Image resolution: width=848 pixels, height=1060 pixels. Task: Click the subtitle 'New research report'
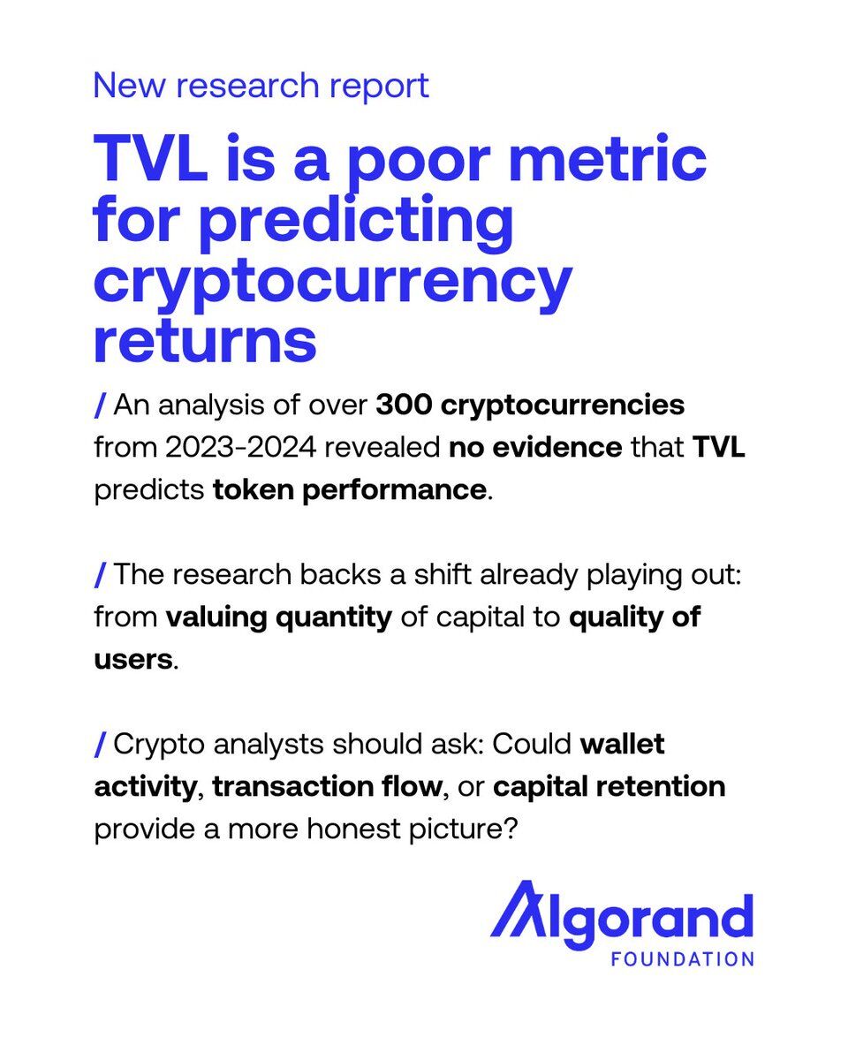(261, 87)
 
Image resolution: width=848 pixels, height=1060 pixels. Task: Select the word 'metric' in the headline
(607, 158)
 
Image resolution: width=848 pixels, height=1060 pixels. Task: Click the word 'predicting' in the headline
(356, 221)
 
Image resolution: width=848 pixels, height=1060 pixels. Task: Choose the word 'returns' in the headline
(205, 340)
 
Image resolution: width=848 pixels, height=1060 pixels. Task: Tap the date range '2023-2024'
(240, 447)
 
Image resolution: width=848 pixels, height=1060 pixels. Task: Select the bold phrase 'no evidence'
(535, 447)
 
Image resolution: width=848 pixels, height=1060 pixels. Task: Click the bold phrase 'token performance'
(349, 491)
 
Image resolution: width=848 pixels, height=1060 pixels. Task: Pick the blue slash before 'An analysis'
(100, 405)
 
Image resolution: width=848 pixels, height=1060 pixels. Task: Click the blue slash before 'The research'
(100, 574)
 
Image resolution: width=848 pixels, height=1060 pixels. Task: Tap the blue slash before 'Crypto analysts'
(100, 744)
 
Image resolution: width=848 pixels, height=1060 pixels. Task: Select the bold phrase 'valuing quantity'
(279, 618)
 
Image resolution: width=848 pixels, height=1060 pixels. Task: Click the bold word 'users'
(133, 660)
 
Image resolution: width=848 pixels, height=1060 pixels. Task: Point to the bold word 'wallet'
(623, 744)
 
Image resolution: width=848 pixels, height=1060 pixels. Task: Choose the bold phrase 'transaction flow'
(327, 786)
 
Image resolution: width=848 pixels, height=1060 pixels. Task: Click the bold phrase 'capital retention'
(609, 787)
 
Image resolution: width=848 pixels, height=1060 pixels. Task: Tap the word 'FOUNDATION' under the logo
(683, 959)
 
